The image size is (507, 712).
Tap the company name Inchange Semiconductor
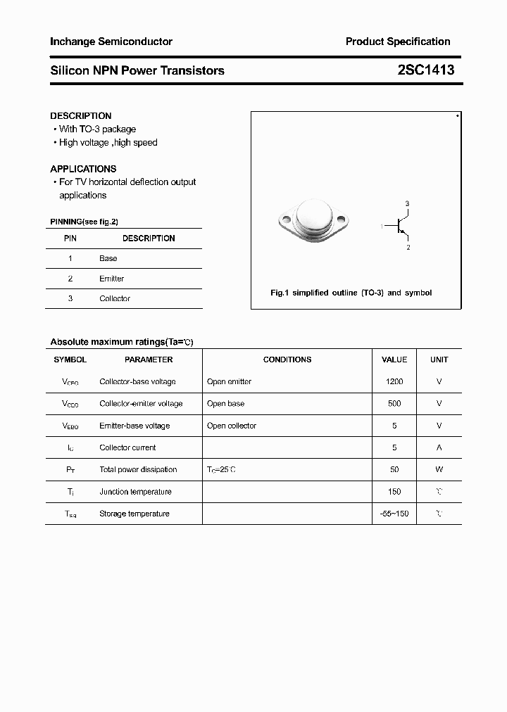pos(111,42)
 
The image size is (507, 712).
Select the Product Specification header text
pos(398,42)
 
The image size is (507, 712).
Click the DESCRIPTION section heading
pos(81,115)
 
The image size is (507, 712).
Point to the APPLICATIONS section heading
pos(83,169)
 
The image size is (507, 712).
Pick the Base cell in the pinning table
pos(108,258)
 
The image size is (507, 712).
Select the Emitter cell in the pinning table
pos(111,279)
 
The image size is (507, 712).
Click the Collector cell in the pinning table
pos(115,298)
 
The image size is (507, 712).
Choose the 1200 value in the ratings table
pos(394,381)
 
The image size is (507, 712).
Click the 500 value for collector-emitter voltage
pos(394,404)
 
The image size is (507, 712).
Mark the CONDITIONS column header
pos(287,360)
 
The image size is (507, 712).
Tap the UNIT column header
pos(439,360)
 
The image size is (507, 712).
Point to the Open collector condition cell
pos(232,426)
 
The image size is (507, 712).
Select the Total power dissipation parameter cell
pos(138,469)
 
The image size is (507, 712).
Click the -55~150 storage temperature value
pos(394,514)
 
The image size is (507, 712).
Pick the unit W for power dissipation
pos(439,469)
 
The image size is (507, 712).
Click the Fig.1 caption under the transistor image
pos(351,293)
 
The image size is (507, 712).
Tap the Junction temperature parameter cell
pos(135,492)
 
